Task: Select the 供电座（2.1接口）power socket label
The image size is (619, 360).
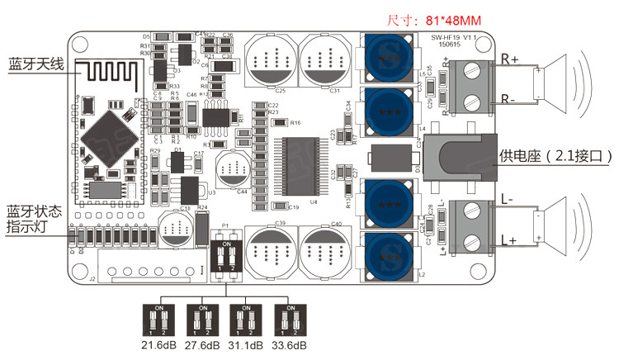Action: pyautogui.click(x=558, y=155)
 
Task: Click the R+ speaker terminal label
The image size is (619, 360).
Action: pyautogui.click(x=511, y=60)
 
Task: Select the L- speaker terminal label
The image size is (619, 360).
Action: pyautogui.click(x=508, y=201)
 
